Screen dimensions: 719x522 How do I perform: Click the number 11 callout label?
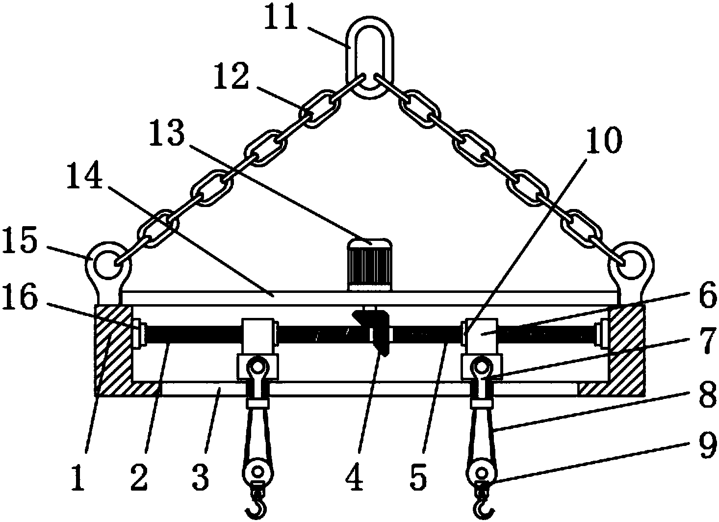click(x=281, y=20)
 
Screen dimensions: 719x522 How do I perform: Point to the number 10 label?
click(x=604, y=139)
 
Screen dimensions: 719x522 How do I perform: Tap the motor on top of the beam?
click(x=369, y=264)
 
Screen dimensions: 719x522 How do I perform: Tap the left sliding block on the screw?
click(x=258, y=336)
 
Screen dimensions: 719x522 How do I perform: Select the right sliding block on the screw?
click(x=480, y=336)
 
